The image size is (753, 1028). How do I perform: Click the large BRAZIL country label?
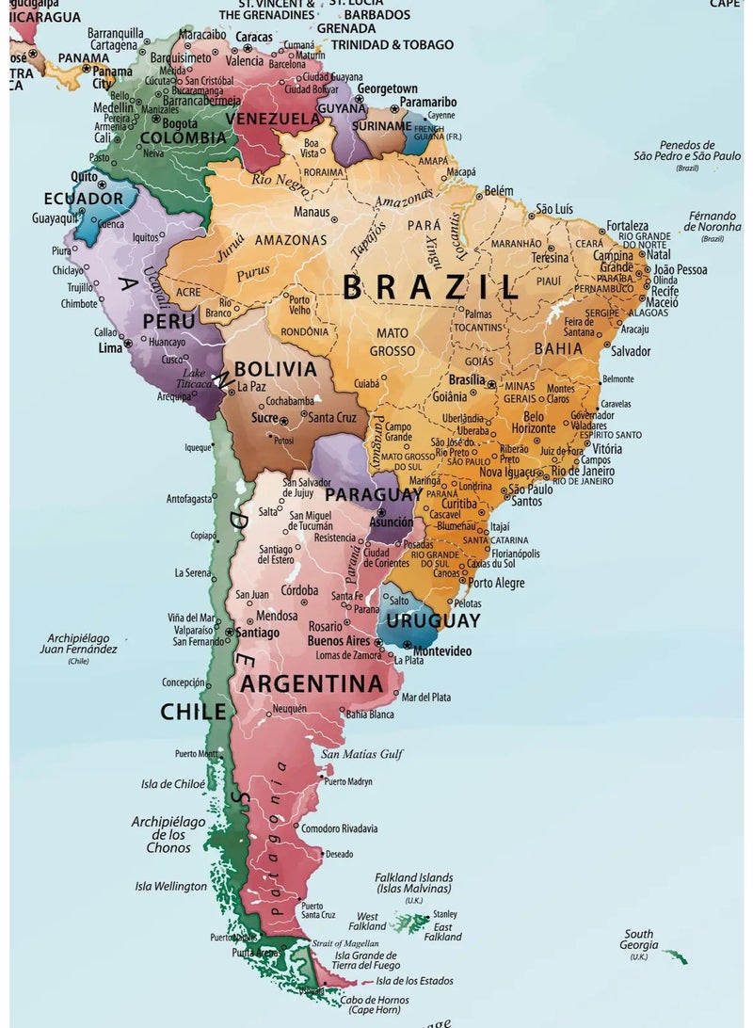click(x=430, y=286)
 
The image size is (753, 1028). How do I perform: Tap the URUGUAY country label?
click(x=433, y=621)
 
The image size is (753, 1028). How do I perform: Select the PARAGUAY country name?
click(x=373, y=494)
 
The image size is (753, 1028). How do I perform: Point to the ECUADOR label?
click(x=83, y=199)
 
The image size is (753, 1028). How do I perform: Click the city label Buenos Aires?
click(x=338, y=640)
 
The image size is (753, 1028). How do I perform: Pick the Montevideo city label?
click(x=441, y=651)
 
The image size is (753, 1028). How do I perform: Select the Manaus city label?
click(x=311, y=212)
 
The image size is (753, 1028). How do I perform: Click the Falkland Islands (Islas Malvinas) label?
click(x=414, y=882)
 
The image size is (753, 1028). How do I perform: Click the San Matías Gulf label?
click(x=361, y=754)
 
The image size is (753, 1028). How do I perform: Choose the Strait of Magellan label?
click(x=345, y=942)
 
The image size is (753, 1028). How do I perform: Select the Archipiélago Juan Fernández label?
click(x=78, y=644)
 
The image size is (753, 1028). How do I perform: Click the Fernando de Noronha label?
click(x=713, y=221)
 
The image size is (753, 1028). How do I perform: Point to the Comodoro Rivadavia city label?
click(x=339, y=828)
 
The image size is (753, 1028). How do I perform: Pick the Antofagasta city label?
click(x=189, y=499)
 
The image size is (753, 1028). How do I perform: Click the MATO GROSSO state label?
click(x=393, y=342)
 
